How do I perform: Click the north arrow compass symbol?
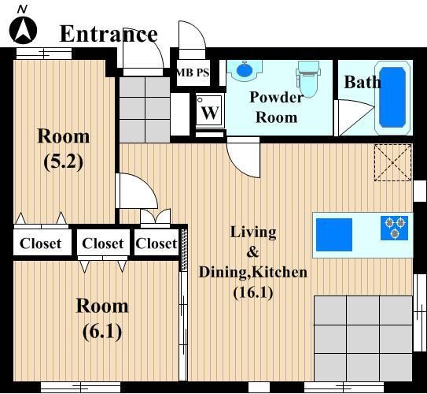[x=23, y=30]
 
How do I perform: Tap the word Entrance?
[x=109, y=34]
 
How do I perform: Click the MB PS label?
[x=193, y=72]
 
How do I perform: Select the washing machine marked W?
[x=210, y=110]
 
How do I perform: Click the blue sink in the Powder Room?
[x=245, y=70]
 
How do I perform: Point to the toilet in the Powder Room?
[x=308, y=79]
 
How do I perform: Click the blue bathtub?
[x=392, y=98]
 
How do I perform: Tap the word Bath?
[x=363, y=82]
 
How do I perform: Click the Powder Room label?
[x=276, y=107]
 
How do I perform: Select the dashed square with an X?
[x=392, y=162]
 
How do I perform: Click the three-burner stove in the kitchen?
[x=394, y=228]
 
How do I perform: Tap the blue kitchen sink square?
[x=334, y=235]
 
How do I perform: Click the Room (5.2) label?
[x=64, y=149]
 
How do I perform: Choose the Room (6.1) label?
[x=102, y=318]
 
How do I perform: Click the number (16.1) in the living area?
[x=253, y=293]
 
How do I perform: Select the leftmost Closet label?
[x=40, y=243]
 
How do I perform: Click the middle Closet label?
[x=103, y=243]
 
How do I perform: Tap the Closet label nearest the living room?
[x=156, y=243]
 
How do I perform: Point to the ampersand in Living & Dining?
[x=252, y=252]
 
